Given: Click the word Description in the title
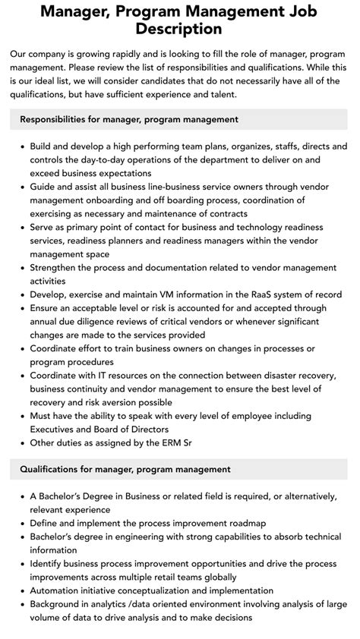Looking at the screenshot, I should (180, 30).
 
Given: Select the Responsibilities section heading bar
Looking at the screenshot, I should (179, 119).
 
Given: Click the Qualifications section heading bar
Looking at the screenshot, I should (179, 469).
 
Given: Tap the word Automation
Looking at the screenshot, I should (59, 591).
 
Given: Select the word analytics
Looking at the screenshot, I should (125, 605).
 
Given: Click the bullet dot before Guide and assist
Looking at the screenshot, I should (21, 187).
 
